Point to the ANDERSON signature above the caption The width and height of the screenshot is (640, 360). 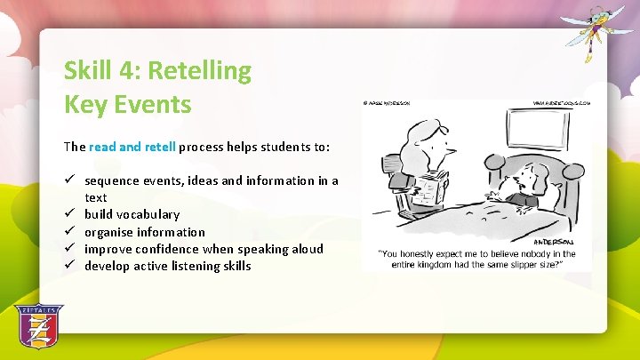[x=553, y=242]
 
